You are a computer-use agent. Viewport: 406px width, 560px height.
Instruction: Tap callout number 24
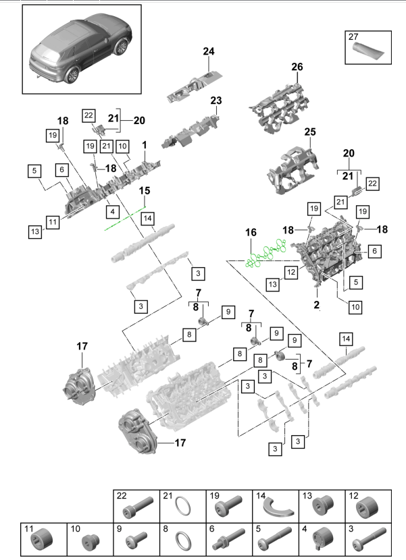pos(208,52)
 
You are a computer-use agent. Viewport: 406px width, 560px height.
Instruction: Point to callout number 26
pos(297,67)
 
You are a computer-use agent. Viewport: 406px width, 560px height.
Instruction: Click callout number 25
pos(309,132)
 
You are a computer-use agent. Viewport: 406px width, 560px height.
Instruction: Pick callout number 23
pos(215,101)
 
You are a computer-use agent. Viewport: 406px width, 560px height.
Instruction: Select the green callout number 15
pos(145,192)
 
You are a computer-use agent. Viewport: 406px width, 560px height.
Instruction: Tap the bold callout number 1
pos(144,145)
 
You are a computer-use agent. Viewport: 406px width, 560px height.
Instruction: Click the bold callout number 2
pos(315,304)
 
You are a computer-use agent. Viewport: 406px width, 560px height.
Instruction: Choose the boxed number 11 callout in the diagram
pos(54,220)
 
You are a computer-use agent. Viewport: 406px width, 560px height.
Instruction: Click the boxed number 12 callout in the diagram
pos(291,273)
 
